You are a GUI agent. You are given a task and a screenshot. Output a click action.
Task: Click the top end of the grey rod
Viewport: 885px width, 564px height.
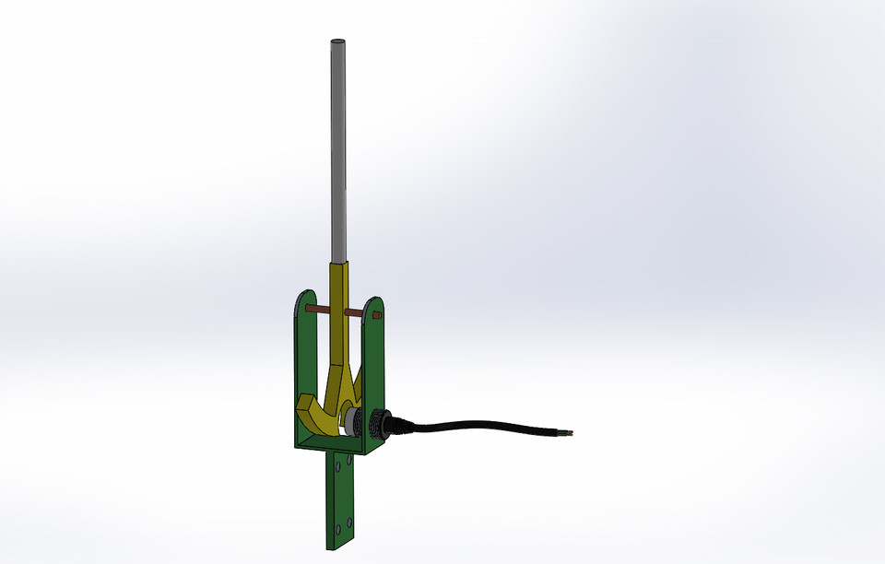[x=338, y=41]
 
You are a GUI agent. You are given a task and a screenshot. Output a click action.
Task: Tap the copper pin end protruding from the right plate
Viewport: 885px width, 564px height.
[x=378, y=316]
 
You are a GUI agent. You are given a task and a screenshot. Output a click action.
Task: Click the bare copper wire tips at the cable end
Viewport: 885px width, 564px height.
[x=572, y=431]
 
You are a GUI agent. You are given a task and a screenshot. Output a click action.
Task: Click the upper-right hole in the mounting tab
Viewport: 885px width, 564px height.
[x=348, y=461]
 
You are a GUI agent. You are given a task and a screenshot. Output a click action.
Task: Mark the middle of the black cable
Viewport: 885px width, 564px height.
[x=479, y=425]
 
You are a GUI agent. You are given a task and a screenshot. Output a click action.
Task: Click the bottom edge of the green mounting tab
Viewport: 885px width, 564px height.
[x=339, y=546]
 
